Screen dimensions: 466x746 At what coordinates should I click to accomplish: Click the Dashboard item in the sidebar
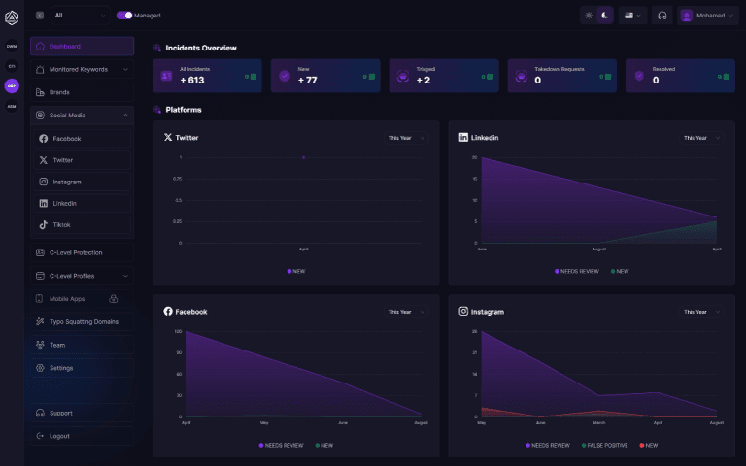[x=82, y=46]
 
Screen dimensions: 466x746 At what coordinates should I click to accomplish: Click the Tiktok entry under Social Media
[x=61, y=224]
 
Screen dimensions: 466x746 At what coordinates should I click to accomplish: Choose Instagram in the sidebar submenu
[x=66, y=182]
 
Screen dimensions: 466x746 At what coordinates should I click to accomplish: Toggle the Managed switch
[x=124, y=16]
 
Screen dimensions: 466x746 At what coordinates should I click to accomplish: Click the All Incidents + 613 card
[x=207, y=76]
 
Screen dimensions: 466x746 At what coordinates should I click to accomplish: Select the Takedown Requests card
[x=560, y=76]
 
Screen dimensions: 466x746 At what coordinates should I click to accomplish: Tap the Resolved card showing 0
[x=678, y=76]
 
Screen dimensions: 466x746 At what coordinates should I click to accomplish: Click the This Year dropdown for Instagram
[x=700, y=312]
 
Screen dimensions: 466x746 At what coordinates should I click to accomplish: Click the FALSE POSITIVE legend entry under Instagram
[x=606, y=445]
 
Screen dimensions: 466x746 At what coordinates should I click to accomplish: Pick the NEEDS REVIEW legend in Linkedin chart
[x=578, y=271]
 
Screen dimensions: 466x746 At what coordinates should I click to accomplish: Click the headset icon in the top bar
[x=661, y=16]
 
